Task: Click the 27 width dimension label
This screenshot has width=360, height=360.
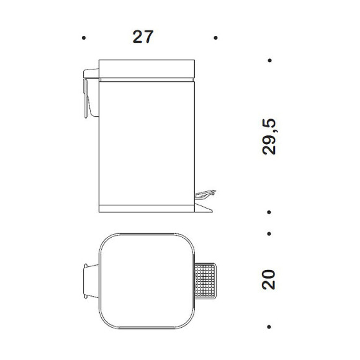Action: tap(143, 37)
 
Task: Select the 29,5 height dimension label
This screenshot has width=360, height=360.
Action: tap(269, 137)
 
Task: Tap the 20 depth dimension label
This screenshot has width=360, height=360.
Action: tap(268, 280)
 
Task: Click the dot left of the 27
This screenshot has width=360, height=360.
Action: tap(84, 38)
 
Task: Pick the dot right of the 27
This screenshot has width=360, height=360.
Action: tap(215, 38)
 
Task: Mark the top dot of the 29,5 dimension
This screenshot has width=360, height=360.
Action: tap(270, 61)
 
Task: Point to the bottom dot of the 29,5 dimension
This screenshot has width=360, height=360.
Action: tap(269, 212)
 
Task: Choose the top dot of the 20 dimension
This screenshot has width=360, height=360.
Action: tap(269, 234)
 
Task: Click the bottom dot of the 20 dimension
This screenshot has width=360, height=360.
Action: tap(269, 326)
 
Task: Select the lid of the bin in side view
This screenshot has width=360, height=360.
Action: tap(146, 69)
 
